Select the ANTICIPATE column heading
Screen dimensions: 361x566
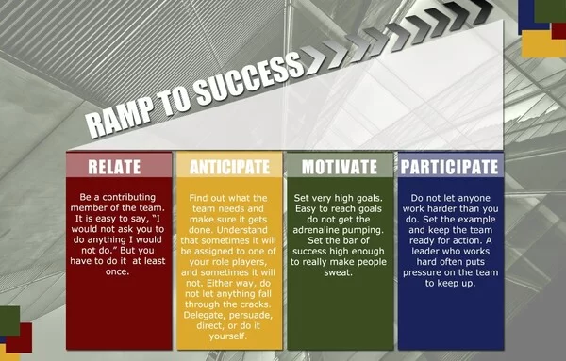(229, 167)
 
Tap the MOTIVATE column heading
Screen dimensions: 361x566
(340, 167)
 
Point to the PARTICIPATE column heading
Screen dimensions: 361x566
(449, 167)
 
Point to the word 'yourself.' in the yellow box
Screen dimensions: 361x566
(229, 336)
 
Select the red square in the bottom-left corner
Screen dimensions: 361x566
(21, 337)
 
